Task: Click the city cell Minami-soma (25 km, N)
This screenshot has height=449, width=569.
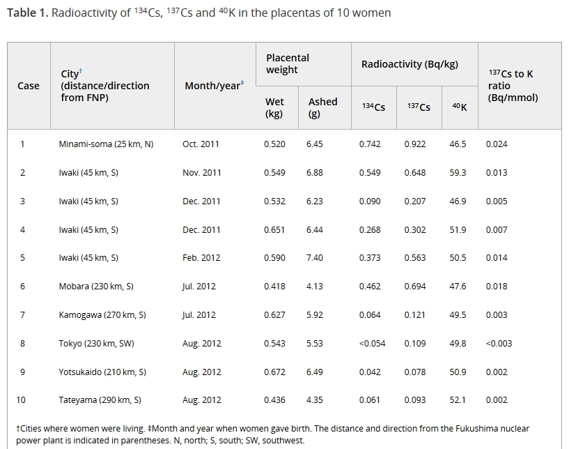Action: pyautogui.click(x=106, y=144)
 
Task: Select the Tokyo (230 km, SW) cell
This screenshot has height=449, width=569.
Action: pyautogui.click(x=97, y=344)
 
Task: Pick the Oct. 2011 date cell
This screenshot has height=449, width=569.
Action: pyautogui.click(x=201, y=144)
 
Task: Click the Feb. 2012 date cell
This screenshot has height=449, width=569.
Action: pyautogui.click(x=201, y=258)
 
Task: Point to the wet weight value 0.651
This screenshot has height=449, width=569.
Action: pyautogui.click(x=274, y=229)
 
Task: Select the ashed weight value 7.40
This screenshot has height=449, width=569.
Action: pyautogui.click(x=314, y=258)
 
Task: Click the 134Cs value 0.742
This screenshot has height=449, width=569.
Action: pyautogui.click(x=370, y=144)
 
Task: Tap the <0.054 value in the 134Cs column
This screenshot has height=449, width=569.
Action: pyautogui.click(x=372, y=344)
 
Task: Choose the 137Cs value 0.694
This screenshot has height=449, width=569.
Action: pyautogui.click(x=414, y=287)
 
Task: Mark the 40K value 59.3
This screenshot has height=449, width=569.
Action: pyautogui.click(x=458, y=173)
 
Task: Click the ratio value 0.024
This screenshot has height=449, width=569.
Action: pyautogui.click(x=497, y=144)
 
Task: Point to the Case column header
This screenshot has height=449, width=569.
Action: pyautogui.click(x=29, y=86)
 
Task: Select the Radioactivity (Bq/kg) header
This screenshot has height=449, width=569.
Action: pyautogui.click(x=410, y=64)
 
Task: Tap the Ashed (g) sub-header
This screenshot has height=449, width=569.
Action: pyautogui.click(x=322, y=107)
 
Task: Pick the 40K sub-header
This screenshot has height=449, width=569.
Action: pyautogui.click(x=460, y=107)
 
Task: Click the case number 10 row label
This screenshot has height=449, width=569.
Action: pyautogui.click(x=21, y=400)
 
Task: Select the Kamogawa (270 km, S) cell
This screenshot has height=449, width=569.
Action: pyautogui.click(x=102, y=315)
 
